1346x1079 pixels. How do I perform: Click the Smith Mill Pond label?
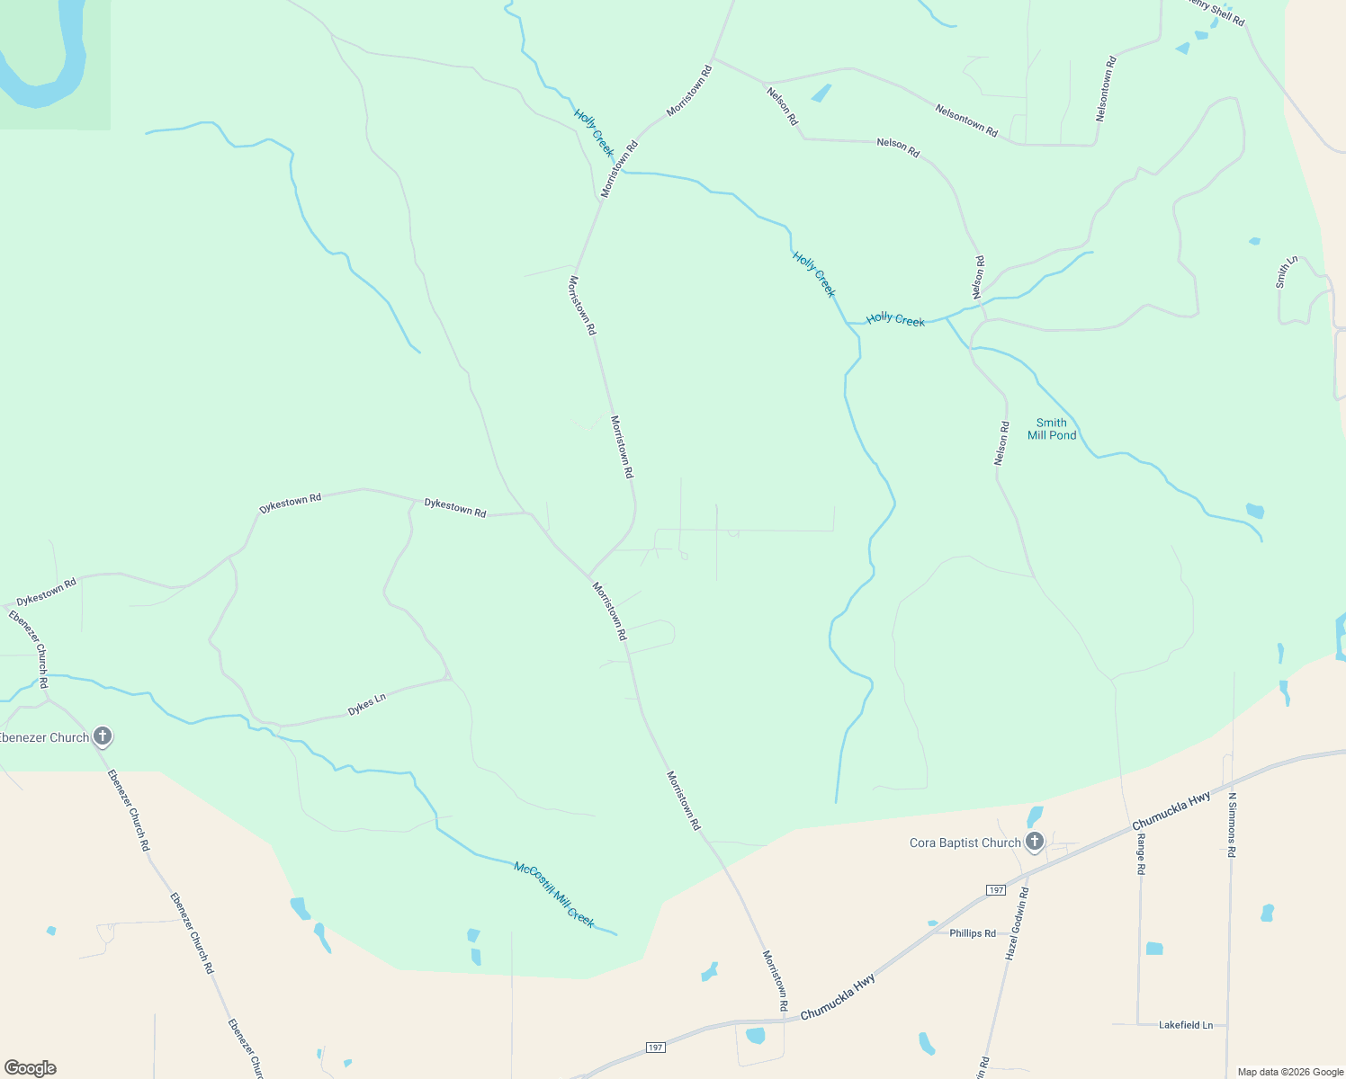pyautogui.click(x=1052, y=429)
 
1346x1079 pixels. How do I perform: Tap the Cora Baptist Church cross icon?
pyautogui.click(x=1035, y=842)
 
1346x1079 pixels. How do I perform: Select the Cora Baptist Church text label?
pyautogui.click(x=965, y=843)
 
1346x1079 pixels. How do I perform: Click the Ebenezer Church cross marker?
pyautogui.click(x=103, y=736)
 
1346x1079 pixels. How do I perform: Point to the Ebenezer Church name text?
pyautogui.click(x=45, y=738)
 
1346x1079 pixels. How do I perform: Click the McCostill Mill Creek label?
pyautogui.click(x=554, y=895)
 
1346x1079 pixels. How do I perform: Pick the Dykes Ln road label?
pyautogui.click(x=367, y=704)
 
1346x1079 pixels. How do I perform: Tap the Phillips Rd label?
pyautogui.click(x=973, y=933)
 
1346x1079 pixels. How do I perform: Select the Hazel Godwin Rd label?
pyautogui.click(x=1017, y=923)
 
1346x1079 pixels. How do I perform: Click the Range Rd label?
pyautogui.click(x=1140, y=854)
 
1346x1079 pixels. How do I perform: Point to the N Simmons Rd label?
pyautogui.click(x=1232, y=825)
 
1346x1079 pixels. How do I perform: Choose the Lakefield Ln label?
pyautogui.click(x=1185, y=1025)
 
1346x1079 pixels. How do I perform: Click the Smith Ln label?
pyautogui.click(x=1286, y=272)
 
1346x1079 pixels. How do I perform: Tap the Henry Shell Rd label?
pyautogui.click(x=1216, y=12)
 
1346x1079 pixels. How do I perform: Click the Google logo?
pyautogui.click(x=30, y=1068)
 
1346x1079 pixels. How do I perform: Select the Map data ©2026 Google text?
pyautogui.click(x=1290, y=1072)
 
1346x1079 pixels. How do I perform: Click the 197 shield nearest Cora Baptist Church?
pyautogui.click(x=995, y=890)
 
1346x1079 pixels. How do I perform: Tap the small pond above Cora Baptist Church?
pyautogui.click(x=1035, y=816)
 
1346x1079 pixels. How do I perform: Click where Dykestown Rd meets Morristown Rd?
pyautogui.click(x=588, y=575)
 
